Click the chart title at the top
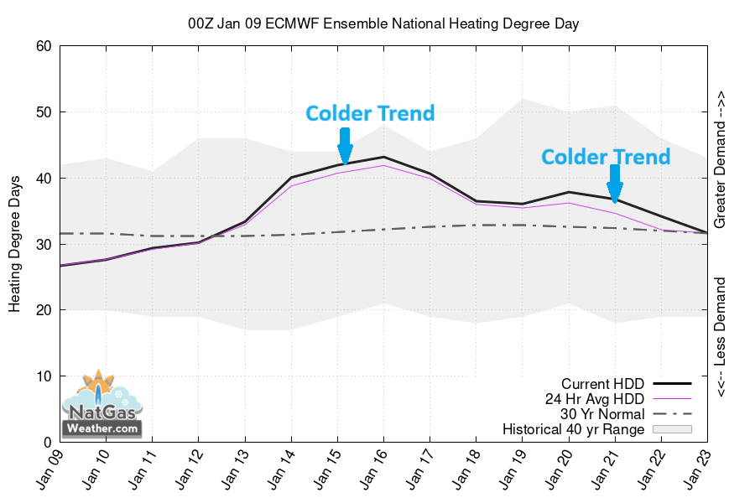pos(383,24)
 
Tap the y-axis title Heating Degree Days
pos(15,244)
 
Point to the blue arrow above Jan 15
pos(345,148)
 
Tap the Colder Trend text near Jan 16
pos(370,113)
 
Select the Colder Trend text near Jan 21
pos(606,157)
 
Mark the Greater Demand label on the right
pos(721,159)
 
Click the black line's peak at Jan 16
pos(383,157)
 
